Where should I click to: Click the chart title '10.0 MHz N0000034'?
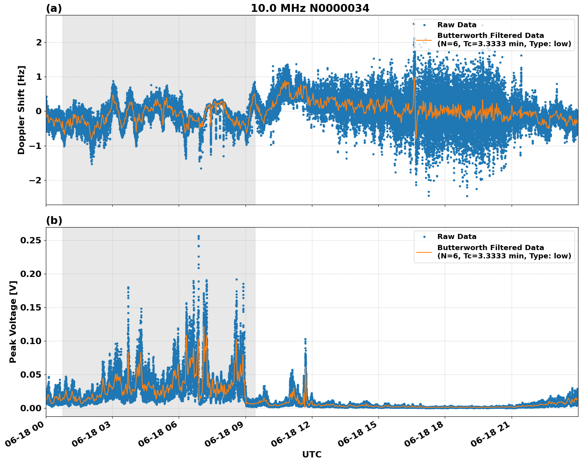pyautogui.click(x=310, y=8)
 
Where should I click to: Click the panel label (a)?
pyautogui.click(x=54, y=8)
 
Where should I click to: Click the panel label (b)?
pyautogui.click(x=54, y=220)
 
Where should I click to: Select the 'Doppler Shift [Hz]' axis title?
pyautogui.click(x=21, y=110)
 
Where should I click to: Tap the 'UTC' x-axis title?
pyautogui.click(x=312, y=454)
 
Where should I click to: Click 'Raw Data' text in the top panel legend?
pyautogui.click(x=457, y=25)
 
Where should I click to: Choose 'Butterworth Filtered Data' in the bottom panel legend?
pyautogui.click(x=490, y=248)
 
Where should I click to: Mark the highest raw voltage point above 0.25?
pyautogui.click(x=198, y=236)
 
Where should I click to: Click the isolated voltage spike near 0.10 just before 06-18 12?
pyautogui.click(x=305, y=339)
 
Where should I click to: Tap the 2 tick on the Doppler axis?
pyautogui.click(x=39, y=42)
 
